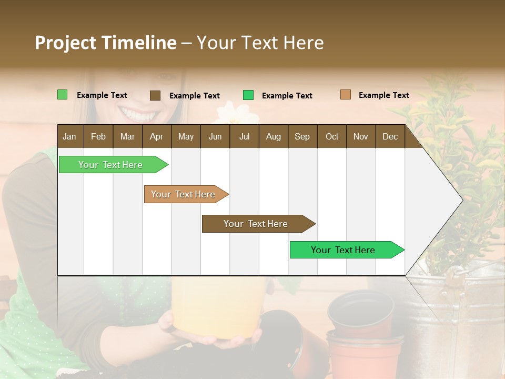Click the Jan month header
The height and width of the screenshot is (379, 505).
(69, 136)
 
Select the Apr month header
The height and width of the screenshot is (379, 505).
(156, 136)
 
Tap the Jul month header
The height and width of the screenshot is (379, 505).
(244, 136)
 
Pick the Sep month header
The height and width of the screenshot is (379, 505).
(302, 136)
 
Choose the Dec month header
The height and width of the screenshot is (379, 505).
(390, 136)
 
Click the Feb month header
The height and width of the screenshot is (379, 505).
(98, 136)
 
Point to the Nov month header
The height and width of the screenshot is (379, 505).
(360, 136)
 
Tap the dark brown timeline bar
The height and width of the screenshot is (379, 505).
(257, 224)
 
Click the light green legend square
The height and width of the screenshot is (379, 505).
(63, 95)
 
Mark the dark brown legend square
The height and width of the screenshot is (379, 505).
(155, 95)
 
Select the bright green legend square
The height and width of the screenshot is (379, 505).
(248, 95)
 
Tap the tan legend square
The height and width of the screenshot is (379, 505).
(345, 95)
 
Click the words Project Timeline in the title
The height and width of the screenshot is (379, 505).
(105, 43)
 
